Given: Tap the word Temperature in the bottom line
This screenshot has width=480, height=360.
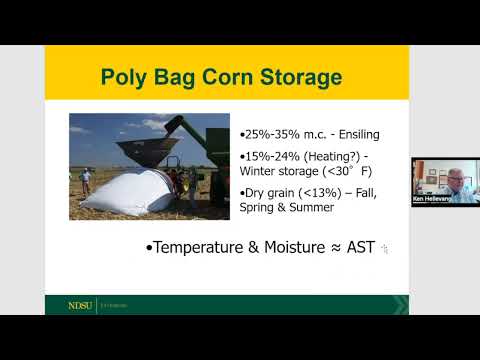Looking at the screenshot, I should tap(205, 245).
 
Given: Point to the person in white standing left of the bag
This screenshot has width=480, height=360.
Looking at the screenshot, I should tap(86, 179).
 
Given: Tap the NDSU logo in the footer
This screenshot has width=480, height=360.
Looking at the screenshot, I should tap(78, 305).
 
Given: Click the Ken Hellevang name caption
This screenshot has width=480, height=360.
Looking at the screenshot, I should tap(431, 198).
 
